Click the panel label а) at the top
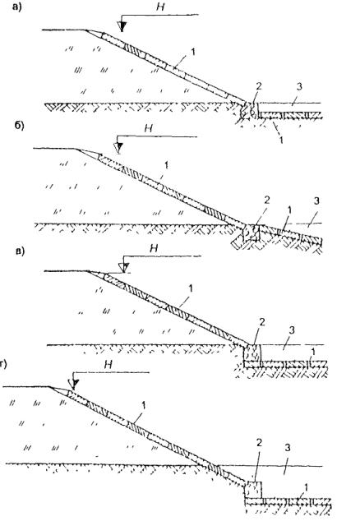click(x=16, y=7)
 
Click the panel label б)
click(x=19, y=127)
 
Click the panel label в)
click(x=20, y=251)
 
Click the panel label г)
click(x=3, y=365)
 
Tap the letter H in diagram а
click(x=160, y=7)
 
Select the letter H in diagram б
click(x=148, y=128)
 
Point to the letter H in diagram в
click(x=154, y=248)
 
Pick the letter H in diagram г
click(x=108, y=365)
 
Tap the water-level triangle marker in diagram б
click(x=118, y=148)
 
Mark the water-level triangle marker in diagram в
click(x=123, y=267)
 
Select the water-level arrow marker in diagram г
click(x=74, y=385)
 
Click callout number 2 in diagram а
click(x=259, y=86)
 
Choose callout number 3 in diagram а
click(x=299, y=87)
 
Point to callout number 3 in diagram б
click(x=316, y=201)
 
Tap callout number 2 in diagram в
click(x=262, y=321)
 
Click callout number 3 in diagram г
click(x=287, y=448)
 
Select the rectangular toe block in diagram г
click(x=253, y=490)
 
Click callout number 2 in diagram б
click(x=267, y=200)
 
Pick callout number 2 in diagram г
click(x=259, y=443)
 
